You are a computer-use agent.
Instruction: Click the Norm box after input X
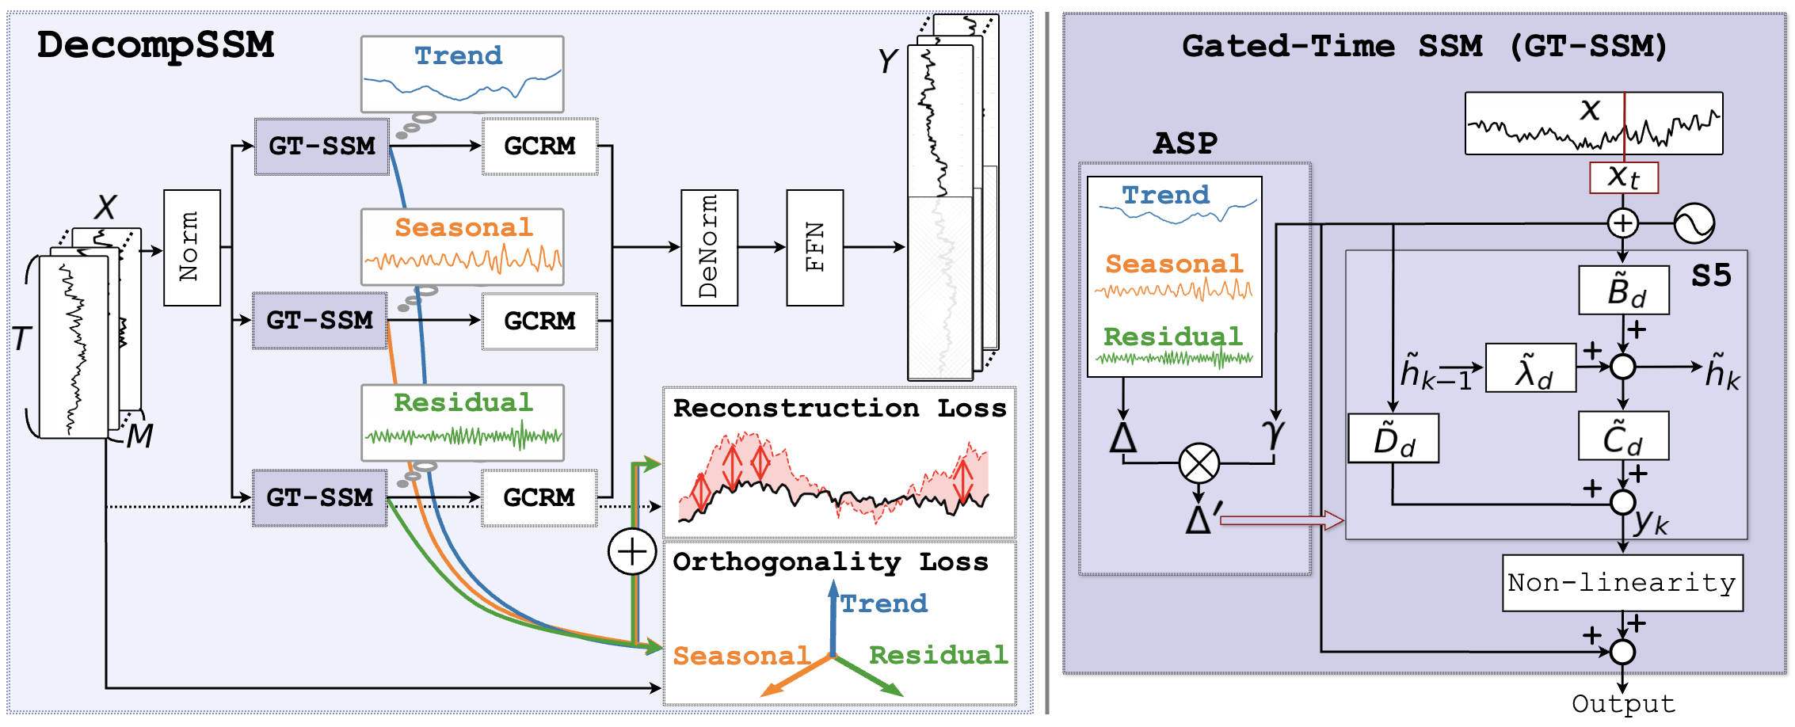coord(192,248)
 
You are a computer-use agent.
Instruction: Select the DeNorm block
coord(709,248)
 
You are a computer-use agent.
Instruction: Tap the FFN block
coord(814,248)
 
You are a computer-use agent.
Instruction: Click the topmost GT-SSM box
coord(322,147)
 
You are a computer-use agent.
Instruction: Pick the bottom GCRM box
coord(539,497)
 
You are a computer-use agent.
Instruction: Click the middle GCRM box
coord(539,321)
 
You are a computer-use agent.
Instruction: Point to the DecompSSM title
coord(155,45)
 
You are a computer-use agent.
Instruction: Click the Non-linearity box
coord(1622,583)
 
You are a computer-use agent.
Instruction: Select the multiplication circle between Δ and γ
coord(1199,463)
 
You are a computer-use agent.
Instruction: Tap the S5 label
coord(1711,276)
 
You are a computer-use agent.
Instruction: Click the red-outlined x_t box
coord(1623,177)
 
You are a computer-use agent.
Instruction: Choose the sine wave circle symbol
coord(1694,223)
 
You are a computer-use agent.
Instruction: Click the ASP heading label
coord(1185,143)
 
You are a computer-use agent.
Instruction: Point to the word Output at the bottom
coord(1623,704)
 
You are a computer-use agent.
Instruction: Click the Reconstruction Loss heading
coord(839,409)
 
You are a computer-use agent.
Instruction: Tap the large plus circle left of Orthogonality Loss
coord(631,551)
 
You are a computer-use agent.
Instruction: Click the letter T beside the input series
coord(21,339)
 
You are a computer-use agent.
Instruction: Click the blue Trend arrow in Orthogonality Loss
coord(833,618)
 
